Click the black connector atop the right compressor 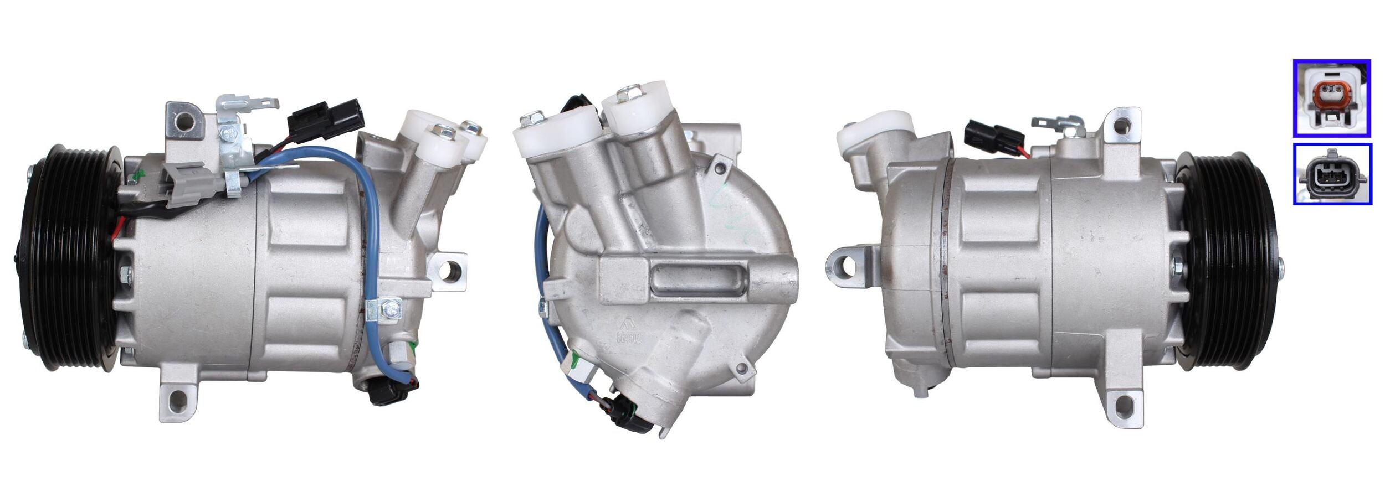[x=992, y=136]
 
